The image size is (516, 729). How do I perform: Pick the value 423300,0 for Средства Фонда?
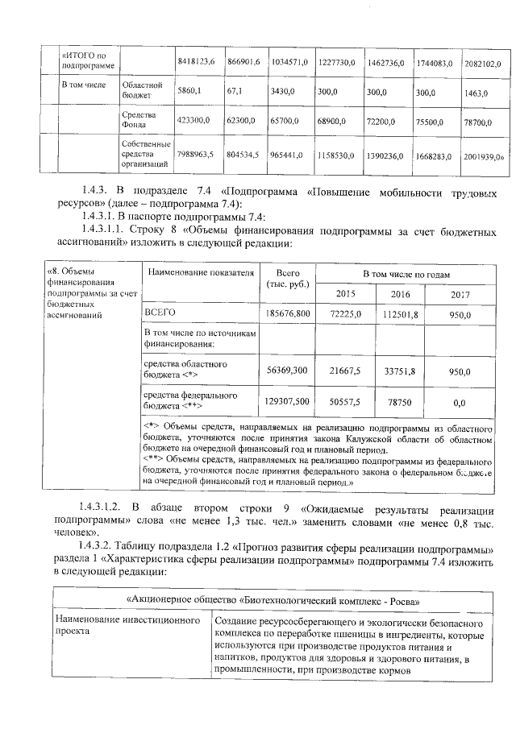click(193, 120)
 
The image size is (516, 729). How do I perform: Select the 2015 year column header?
click(345, 295)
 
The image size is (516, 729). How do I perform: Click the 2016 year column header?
click(401, 295)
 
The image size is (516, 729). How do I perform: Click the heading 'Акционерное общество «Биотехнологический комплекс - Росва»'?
click(277, 600)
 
